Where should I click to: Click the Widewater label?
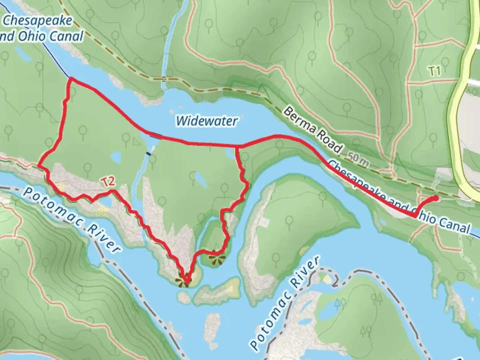pos(207,120)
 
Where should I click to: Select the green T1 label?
pos(434,71)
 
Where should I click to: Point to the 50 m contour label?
pos(359,159)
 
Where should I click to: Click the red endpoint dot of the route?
pos(436,198)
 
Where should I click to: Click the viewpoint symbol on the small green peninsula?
pos(217,256)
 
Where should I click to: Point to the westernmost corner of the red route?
pos(39,165)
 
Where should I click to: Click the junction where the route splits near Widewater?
pos(236,146)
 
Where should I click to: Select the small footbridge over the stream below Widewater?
pos(148,154)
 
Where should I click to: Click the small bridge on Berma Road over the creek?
pos(163,79)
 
